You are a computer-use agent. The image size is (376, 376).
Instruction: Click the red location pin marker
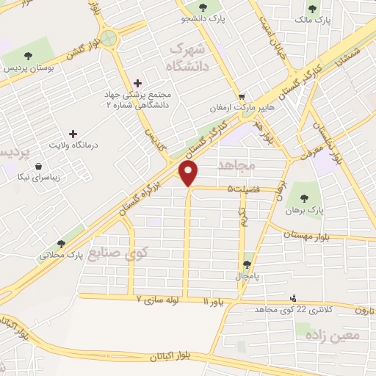click(x=189, y=173)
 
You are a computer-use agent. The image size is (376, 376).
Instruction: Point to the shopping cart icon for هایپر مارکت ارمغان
click(x=242, y=96)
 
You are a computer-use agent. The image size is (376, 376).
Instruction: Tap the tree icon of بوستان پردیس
click(x=28, y=56)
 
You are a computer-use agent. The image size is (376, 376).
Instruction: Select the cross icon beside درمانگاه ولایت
click(x=72, y=134)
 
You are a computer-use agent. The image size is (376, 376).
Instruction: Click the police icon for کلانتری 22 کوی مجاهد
click(x=294, y=298)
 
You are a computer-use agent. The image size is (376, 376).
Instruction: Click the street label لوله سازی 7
click(x=159, y=300)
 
